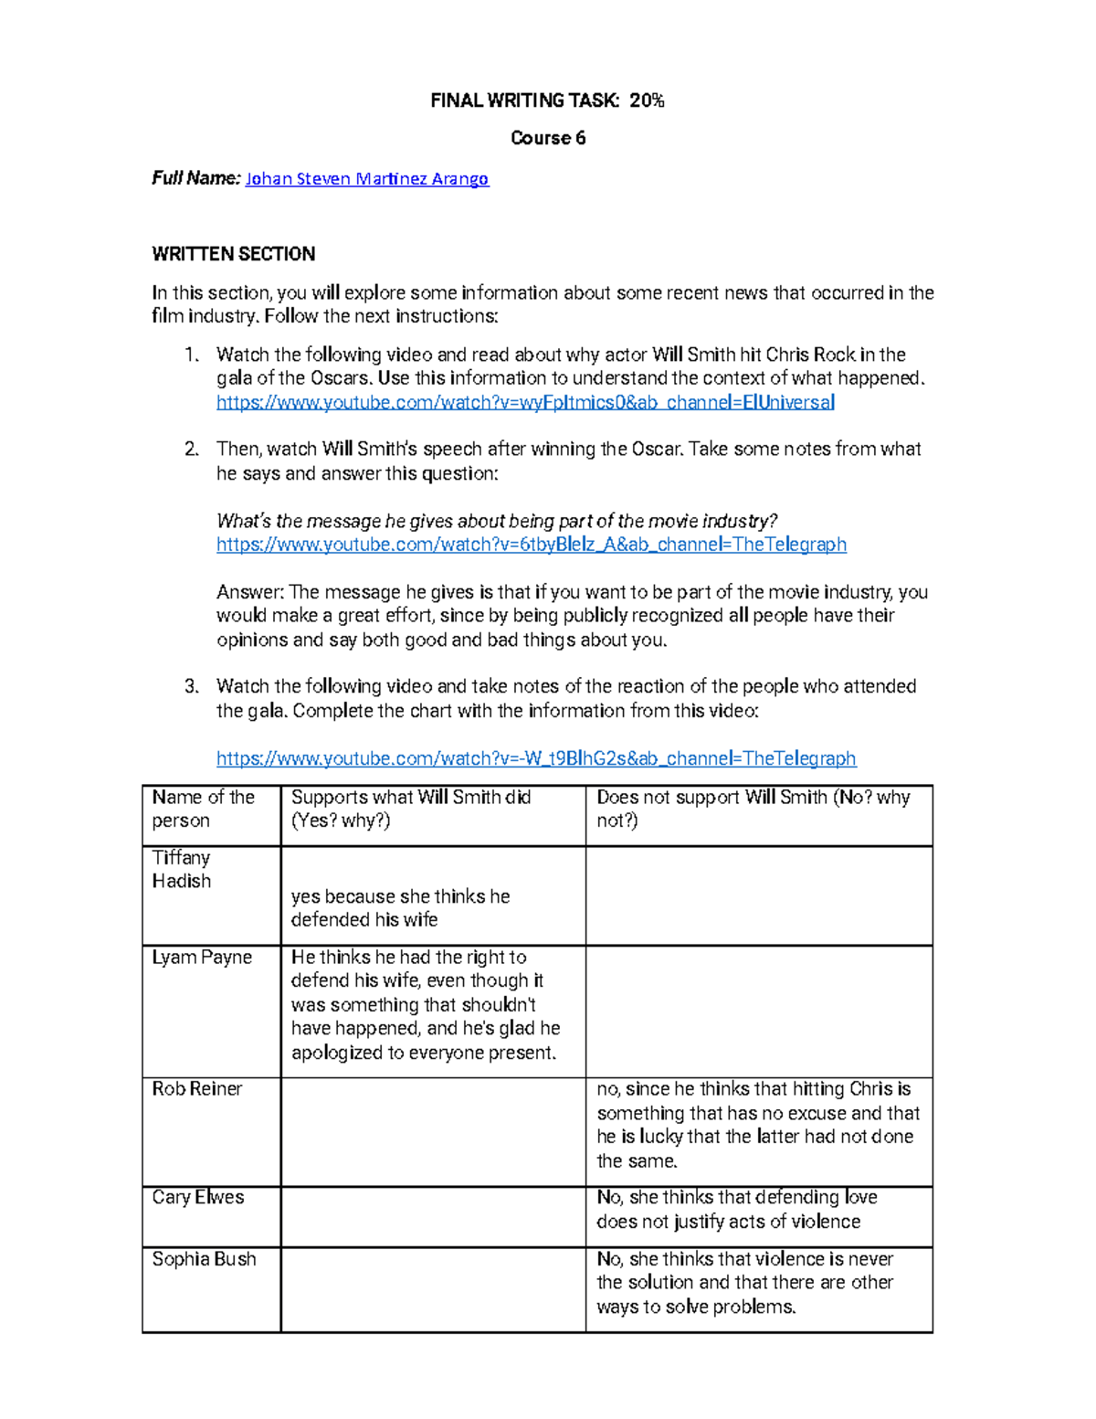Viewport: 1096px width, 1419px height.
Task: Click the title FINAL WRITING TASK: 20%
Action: pos(547,101)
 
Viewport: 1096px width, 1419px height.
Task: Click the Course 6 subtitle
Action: pos(547,138)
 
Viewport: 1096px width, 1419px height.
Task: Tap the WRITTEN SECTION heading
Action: pos(233,254)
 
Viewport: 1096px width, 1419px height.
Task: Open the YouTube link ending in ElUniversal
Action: pos(525,402)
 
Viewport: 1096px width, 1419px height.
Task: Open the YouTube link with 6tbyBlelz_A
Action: pos(531,545)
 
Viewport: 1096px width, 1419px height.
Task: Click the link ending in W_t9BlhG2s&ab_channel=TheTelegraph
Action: pos(536,758)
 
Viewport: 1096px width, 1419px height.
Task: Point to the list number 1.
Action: pos(190,355)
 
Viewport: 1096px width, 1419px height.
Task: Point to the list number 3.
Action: pos(191,686)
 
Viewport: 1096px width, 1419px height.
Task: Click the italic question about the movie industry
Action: pos(496,521)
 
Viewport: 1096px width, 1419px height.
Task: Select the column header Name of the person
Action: pos(203,809)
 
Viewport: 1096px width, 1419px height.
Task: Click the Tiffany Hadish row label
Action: pos(181,869)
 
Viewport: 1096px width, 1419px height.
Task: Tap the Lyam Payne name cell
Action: pos(202,958)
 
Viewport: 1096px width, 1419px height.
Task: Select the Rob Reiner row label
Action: pos(197,1089)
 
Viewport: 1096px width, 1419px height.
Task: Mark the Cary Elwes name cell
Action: pos(198,1198)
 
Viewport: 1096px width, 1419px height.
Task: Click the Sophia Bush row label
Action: pos(204,1259)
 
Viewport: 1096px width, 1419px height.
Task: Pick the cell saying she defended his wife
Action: pos(400,908)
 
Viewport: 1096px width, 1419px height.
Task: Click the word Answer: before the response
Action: pos(250,592)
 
